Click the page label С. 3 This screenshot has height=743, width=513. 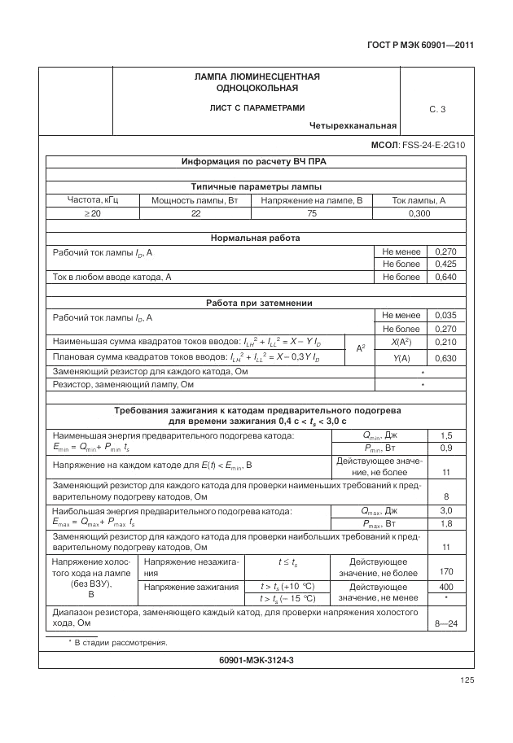point(437,109)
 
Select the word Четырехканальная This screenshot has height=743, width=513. point(353,126)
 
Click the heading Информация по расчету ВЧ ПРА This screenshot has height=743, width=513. point(253,161)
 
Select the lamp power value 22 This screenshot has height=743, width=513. point(195,213)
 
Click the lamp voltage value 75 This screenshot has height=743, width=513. point(312,213)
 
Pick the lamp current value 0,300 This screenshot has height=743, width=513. point(419,213)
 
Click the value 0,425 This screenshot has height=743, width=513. point(446,264)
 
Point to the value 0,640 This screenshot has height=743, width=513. point(446,278)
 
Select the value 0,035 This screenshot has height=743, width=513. point(446,316)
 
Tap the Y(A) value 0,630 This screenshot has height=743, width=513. point(446,358)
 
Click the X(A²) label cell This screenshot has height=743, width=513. point(400,343)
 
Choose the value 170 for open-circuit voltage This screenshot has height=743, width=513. point(446,572)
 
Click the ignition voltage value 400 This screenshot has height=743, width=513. point(446,587)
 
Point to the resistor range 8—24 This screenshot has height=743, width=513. point(447,624)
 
